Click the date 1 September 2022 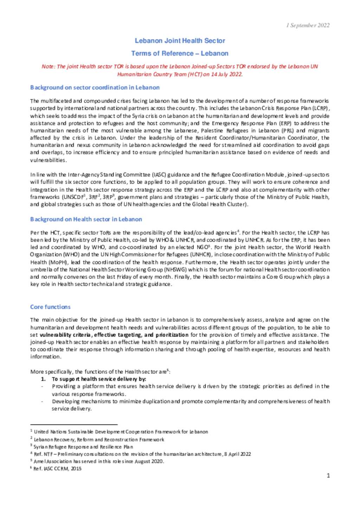pos(308,25)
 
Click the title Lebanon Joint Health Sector pos(180,41)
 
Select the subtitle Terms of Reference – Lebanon pos(180,53)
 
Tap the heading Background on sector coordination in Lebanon pos(95,87)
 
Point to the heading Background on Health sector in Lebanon pos(86,219)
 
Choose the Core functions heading pos(50,307)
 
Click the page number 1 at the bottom pos(328,476)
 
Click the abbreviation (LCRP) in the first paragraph pos(321,108)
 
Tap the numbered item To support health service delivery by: pos(99,379)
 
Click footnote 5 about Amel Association pos(99,461)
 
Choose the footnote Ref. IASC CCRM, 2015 pos(57,469)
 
